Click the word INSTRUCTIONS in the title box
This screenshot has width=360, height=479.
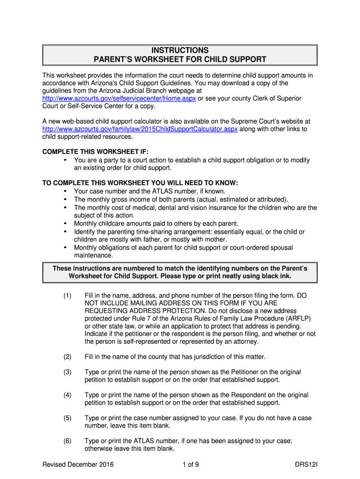coord(180,51)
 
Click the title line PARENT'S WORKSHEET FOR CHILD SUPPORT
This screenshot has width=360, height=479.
coord(180,60)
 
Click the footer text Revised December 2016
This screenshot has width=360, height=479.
coord(78,464)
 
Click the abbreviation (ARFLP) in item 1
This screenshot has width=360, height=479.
coord(296,319)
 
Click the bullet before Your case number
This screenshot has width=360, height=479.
coord(65,191)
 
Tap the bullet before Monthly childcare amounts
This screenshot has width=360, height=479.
coord(65,224)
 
